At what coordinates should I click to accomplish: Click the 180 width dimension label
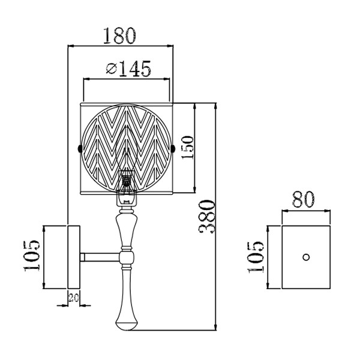[119, 36]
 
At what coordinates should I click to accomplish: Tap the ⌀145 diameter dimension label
[128, 68]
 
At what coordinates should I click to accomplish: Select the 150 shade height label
[187, 147]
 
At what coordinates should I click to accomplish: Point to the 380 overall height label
[207, 217]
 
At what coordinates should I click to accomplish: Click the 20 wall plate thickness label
[74, 298]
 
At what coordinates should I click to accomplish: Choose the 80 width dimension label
[304, 199]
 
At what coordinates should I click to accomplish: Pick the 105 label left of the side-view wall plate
[32, 256]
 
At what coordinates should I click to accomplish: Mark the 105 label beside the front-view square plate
[256, 257]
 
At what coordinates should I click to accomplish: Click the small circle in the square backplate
[306, 257]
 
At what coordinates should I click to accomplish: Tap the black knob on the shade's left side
[80, 148]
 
